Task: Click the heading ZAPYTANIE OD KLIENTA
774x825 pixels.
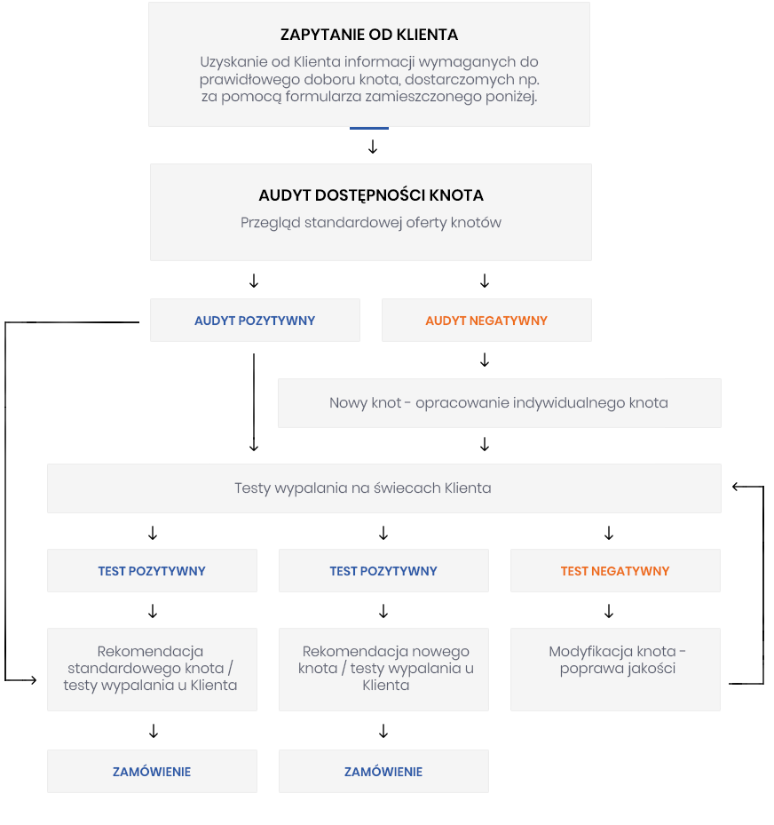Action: point(368,35)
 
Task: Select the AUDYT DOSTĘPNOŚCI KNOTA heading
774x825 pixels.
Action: point(371,195)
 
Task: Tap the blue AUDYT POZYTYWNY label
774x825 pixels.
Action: point(255,321)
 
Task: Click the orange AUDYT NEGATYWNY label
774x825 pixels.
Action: point(486,321)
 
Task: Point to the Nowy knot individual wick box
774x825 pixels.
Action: point(499,403)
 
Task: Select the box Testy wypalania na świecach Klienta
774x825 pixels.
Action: point(383,488)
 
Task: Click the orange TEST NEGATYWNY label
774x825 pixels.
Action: point(615,571)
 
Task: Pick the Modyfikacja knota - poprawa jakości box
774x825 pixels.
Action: point(615,670)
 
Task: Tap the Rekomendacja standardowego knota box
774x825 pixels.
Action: point(152,670)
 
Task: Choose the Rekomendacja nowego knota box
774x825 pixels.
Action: point(383,670)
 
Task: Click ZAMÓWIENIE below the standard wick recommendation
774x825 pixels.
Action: point(152,772)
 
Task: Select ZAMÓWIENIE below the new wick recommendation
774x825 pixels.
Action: point(383,772)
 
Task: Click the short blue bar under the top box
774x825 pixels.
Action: point(369,128)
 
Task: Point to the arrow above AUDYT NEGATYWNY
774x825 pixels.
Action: point(485,281)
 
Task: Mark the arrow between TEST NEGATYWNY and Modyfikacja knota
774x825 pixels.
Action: point(609,611)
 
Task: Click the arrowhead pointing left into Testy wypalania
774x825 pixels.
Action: point(736,487)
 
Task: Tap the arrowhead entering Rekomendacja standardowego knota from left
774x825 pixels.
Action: point(33,680)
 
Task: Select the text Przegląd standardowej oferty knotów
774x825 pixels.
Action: point(371,223)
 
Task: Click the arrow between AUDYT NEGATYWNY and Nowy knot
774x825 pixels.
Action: point(485,360)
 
